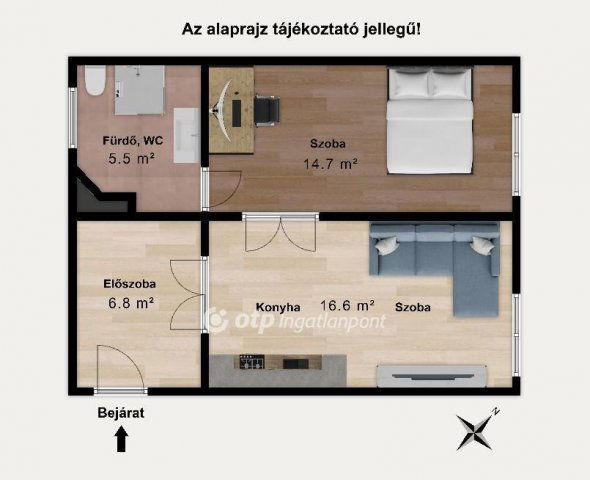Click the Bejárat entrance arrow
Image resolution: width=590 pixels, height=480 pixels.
point(121,439)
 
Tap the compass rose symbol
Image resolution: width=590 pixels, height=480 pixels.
point(477,430)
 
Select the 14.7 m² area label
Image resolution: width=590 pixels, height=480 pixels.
point(330,163)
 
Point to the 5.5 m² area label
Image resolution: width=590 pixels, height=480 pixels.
point(130,158)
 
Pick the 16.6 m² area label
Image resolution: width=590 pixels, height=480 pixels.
point(346,306)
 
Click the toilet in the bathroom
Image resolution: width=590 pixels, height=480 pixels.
point(94,80)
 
